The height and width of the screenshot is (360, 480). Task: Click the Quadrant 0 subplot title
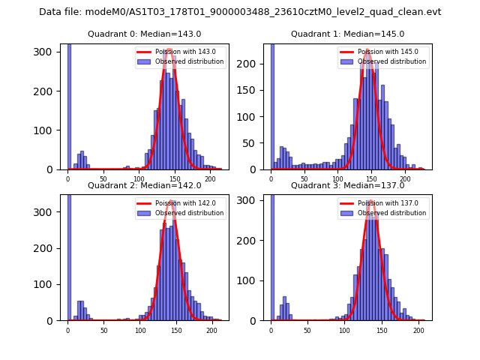[144, 34]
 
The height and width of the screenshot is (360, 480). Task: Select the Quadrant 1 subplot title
[347, 34]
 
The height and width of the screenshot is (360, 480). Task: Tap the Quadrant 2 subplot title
[144, 185]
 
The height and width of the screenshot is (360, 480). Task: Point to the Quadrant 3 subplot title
[347, 185]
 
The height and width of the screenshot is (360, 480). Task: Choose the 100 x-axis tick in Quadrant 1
[338, 179]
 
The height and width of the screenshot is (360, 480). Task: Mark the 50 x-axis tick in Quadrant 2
[103, 330]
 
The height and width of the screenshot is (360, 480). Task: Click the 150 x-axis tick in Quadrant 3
[381, 330]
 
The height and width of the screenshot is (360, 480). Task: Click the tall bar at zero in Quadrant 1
[271, 105]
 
